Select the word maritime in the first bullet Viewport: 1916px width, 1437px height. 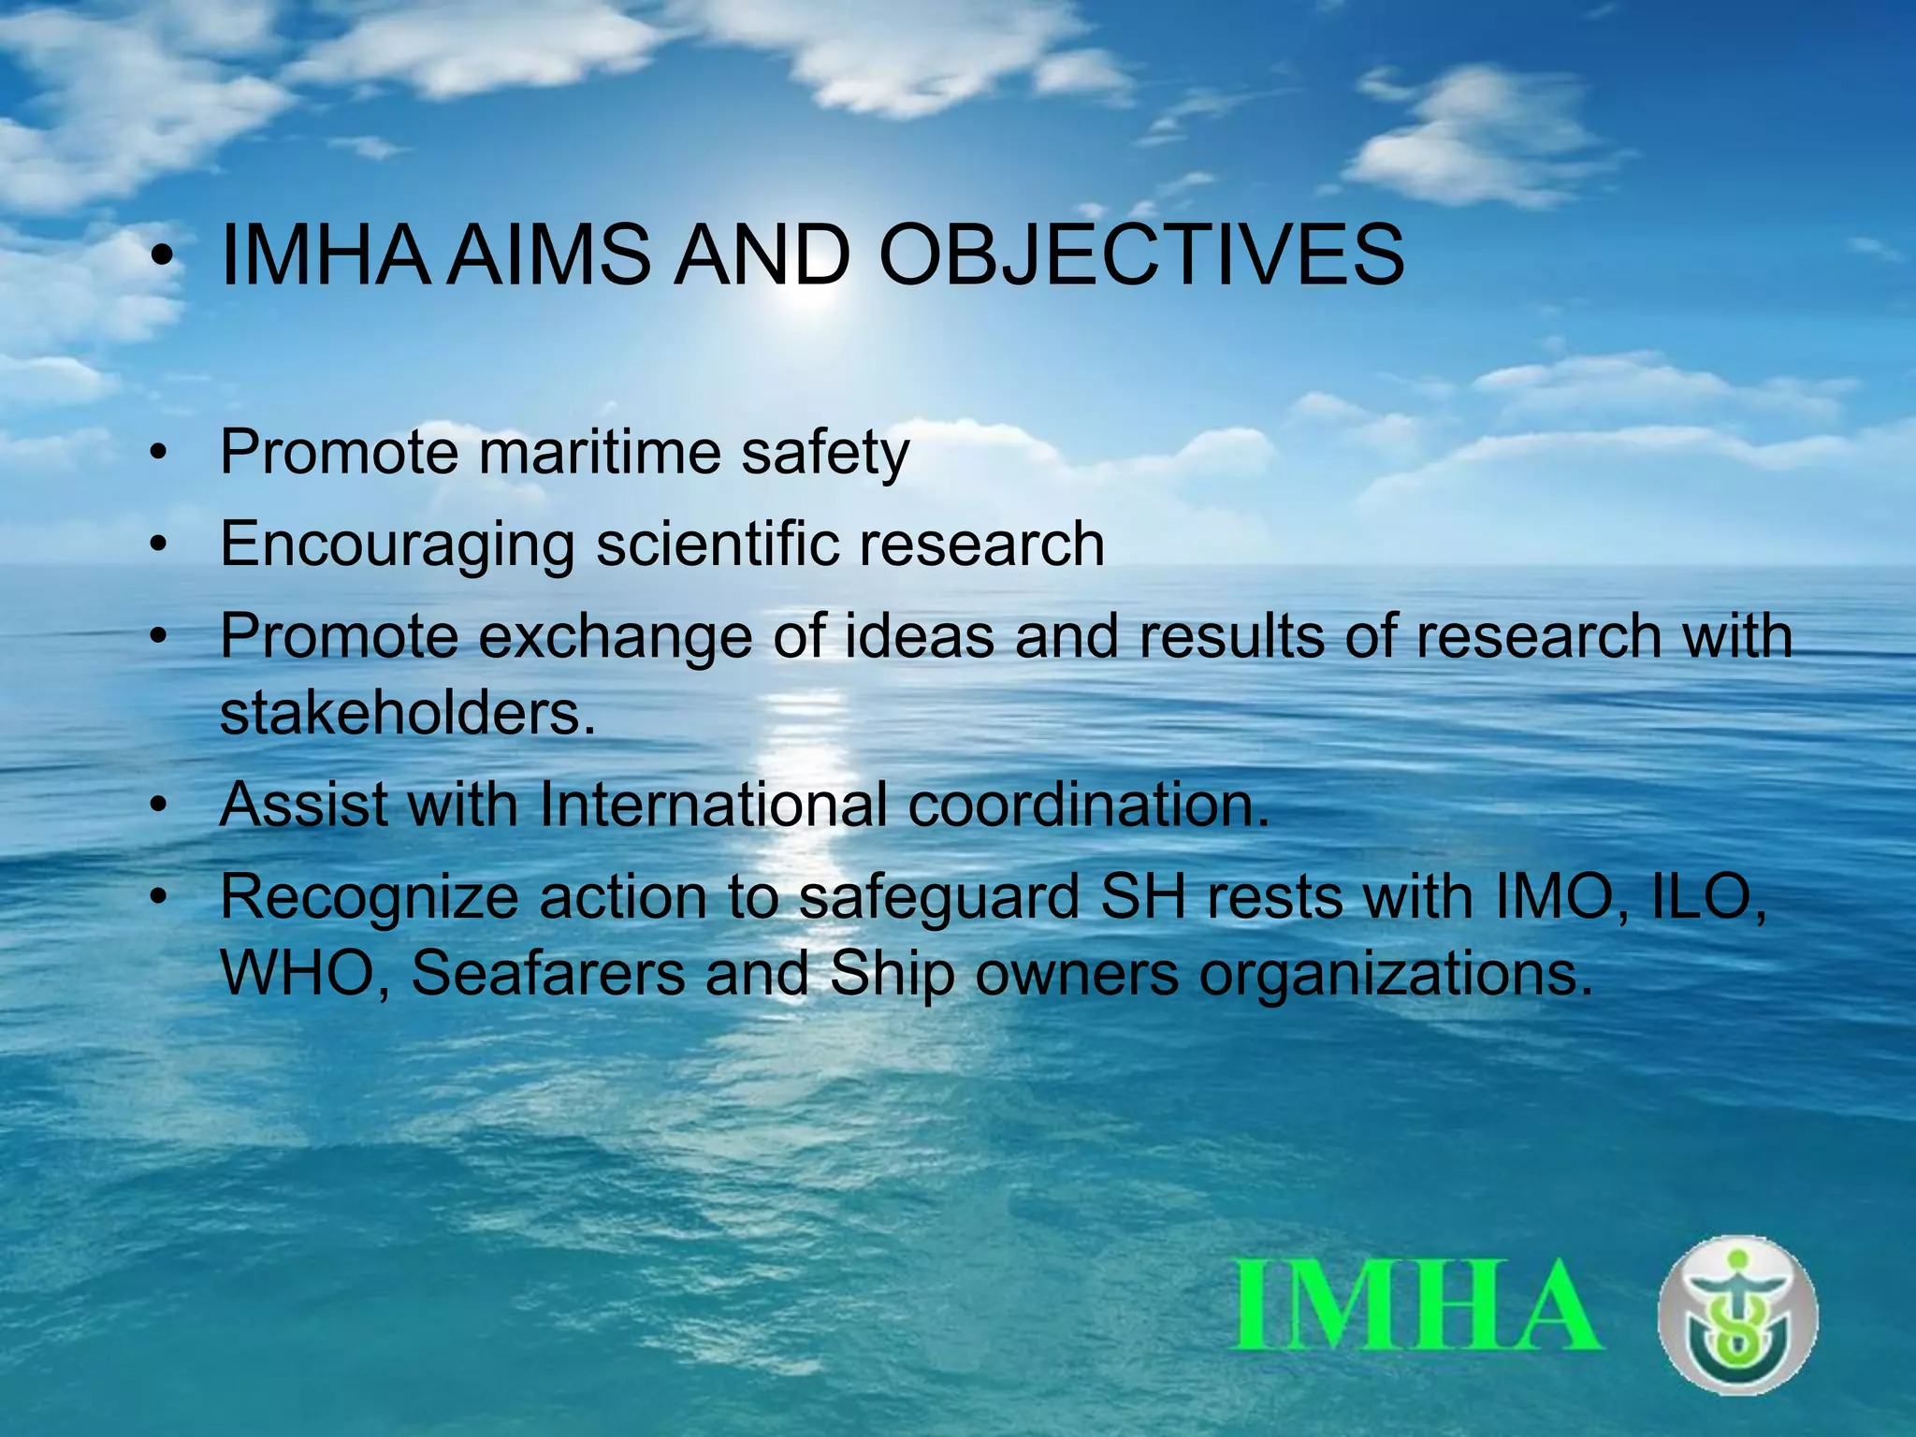point(600,453)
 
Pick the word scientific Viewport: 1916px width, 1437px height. point(718,544)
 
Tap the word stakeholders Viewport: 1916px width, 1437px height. point(406,713)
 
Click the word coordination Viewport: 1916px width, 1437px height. point(1088,805)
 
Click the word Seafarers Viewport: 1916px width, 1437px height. point(548,973)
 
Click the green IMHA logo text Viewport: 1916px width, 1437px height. point(1417,1304)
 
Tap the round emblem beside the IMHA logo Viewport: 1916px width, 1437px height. point(1738,1314)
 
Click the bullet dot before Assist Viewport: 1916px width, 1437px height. point(160,805)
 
